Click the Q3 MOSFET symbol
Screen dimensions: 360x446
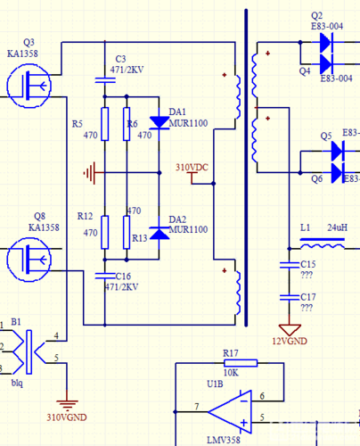click(x=29, y=87)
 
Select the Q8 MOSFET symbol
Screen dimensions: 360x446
click(x=29, y=260)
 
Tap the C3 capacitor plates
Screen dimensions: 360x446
click(x=105, y=80)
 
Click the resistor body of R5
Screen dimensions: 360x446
click(x=105, y=124)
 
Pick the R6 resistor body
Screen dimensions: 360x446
click(x=127, y=124)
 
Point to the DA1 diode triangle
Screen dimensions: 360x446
click(x=160, y=122)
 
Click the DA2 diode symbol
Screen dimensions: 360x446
click(x=160, y=233)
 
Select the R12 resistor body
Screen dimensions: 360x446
click(x=105, y=232)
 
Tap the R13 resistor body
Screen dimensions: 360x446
click(x=127, y=232)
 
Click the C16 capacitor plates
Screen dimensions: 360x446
click(x=105, y=277)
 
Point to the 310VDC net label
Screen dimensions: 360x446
click(x=192, y=168)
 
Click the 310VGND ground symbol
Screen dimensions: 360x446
click(x=67, y=405)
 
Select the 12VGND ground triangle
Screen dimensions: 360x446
click(x=290, y=330)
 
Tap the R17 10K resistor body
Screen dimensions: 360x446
click(x=241, y=363)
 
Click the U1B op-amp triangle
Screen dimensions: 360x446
click(x=230, y=412)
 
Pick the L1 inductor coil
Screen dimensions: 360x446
click(x=323, y=246)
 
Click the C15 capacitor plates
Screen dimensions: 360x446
click(x=290, y=265)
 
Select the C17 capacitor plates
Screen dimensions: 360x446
click(x=290, y=298)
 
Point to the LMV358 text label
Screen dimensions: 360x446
click(x=224, y=440)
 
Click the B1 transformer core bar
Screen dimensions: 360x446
click(x=29, y=352)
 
